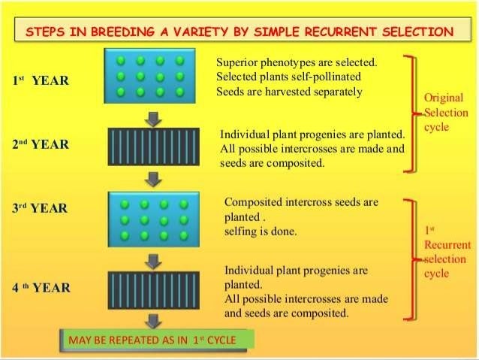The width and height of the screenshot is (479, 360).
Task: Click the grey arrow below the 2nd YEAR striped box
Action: click(x=154, y=179)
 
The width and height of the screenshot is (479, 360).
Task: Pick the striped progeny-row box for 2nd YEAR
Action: click(x=154, y=147)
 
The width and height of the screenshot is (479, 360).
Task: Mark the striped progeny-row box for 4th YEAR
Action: click(x=154, y=289)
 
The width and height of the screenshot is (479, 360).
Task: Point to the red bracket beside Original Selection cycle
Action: click(x=409, y=113)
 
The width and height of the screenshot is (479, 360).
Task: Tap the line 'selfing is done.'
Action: click(x=261, y=231)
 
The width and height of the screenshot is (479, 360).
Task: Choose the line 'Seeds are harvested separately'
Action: click(x=289, y=92)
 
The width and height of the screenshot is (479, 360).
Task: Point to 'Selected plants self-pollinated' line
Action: click(x=288, y=77)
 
